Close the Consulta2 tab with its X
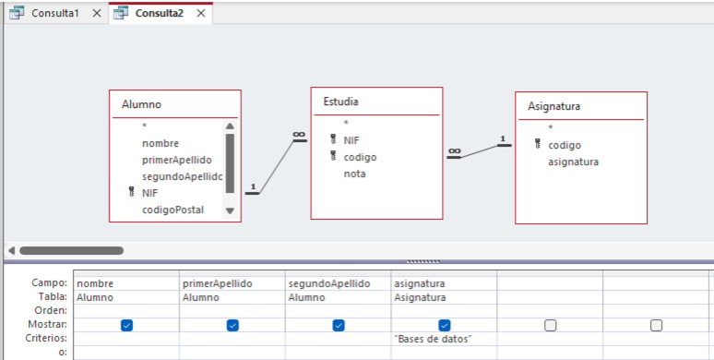(199, 14)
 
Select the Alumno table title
(141, 104)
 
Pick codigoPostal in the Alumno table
(173, 210)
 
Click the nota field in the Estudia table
(354, 174)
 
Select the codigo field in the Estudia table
(360, 157)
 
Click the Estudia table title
(340, 101)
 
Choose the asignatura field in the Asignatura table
(573, 162)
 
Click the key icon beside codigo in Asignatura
(537, 144)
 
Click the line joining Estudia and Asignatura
(479, 151)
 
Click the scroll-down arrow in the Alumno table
(230, 210)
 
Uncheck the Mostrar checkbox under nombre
(126, 325)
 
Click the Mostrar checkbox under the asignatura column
(445, 325)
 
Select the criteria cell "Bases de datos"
(433, 339)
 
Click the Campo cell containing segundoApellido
(329, 283)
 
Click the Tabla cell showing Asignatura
(420, 297)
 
